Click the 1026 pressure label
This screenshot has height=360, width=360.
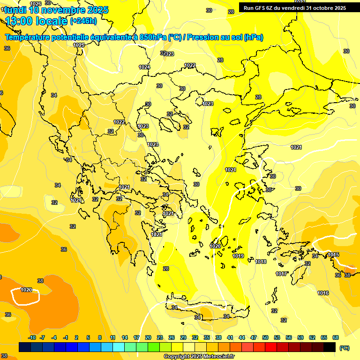tap(35, 4)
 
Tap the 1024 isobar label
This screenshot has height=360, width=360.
tap(144, 67)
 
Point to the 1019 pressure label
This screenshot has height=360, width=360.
tap(238, 256)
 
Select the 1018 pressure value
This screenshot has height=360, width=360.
tap(261, 262)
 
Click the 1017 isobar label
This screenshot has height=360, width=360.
tap(281, 274)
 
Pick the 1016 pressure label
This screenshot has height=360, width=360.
tap(323, 293)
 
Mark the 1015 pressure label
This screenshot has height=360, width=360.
tap(333, 255)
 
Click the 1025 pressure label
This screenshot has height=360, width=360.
tap(79, 45)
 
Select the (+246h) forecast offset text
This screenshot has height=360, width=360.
tap(83, 21)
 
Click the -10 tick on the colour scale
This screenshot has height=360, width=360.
tap(32, 337)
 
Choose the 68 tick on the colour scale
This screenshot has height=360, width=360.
tap(335, 337)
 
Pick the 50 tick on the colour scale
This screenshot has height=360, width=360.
tap(265, 337)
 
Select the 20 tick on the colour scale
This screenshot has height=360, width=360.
tap(148, 337)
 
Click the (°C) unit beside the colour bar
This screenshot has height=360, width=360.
tap(345, 348)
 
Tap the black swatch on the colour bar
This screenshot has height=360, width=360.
tap(330, 347)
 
